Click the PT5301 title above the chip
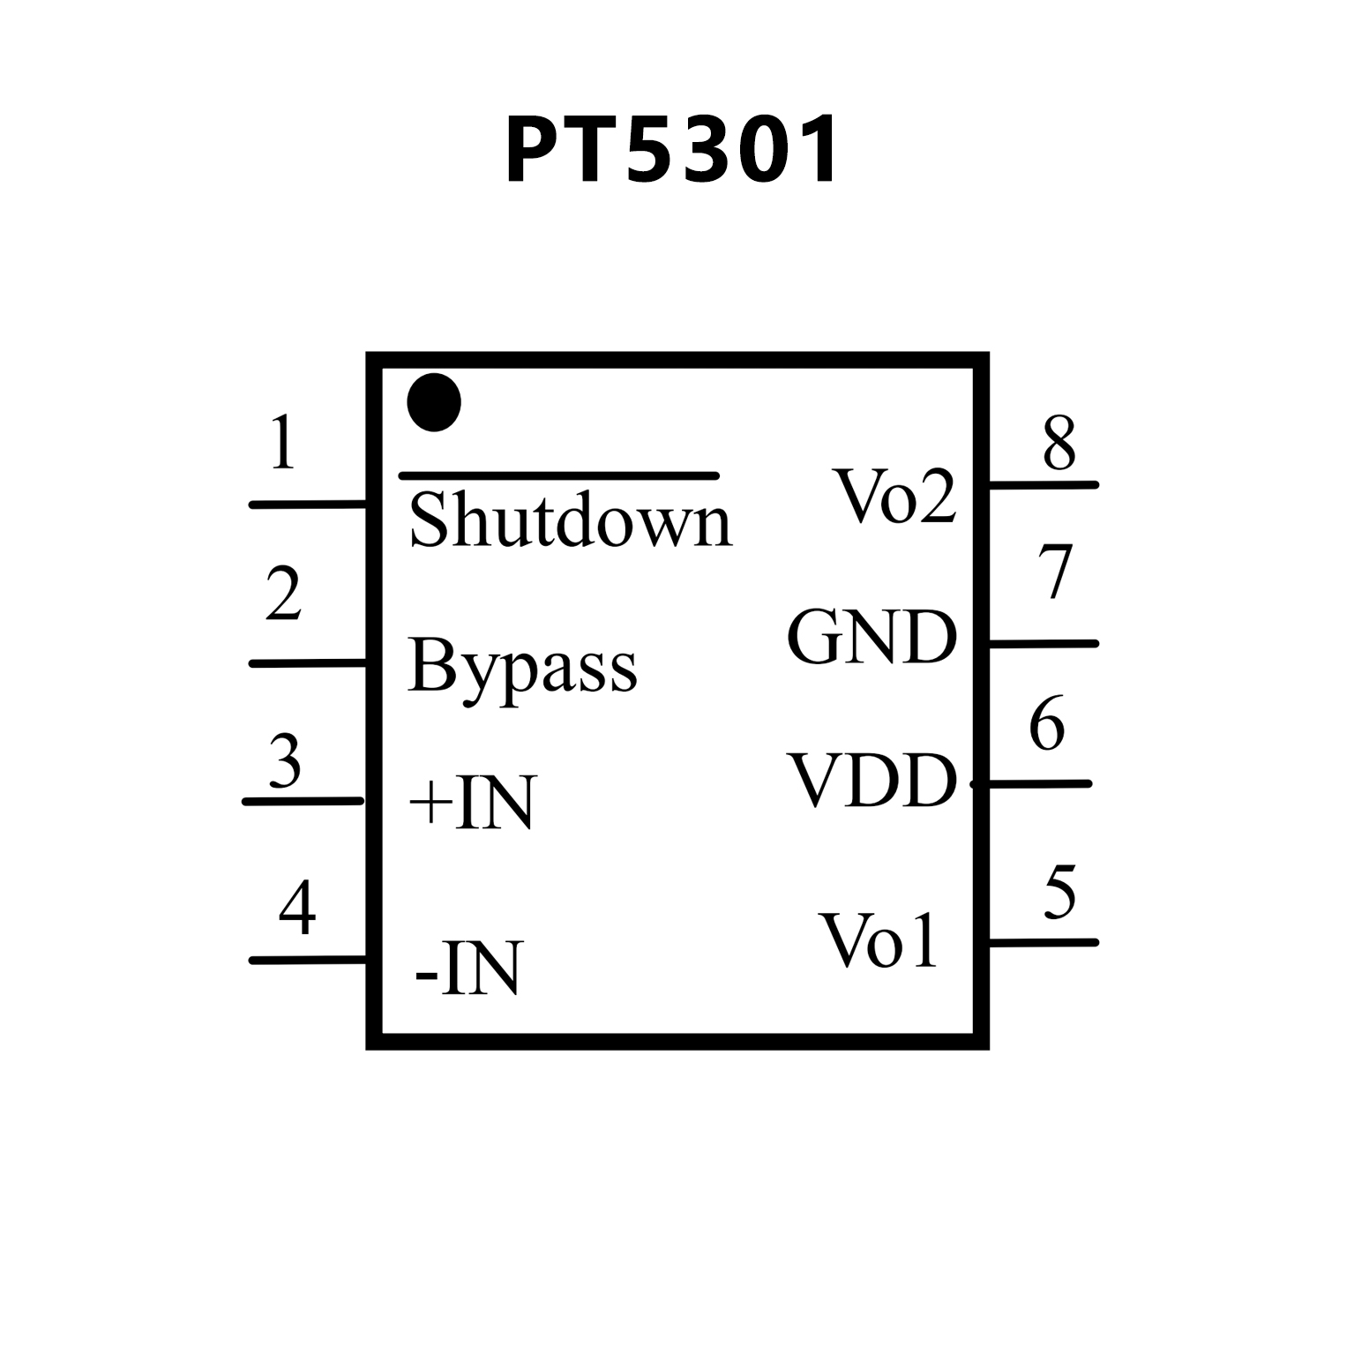click(671, 151)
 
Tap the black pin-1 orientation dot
click(434, 402)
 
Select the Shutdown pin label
click(571, 521)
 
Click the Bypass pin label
click(522, 667)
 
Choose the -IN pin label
click(468, 969)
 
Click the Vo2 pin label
click(895, 497)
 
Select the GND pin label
click(871, 637)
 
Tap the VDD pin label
click(873, 781)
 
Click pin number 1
click(282, 443)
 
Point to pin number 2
click(283, 594)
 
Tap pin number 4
click(297, 908)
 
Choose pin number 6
click(1047, 724)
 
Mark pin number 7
click(1055, 572)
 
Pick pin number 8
click(1059, 443)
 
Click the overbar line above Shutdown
click(559, 475)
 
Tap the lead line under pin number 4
click(308, 960)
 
